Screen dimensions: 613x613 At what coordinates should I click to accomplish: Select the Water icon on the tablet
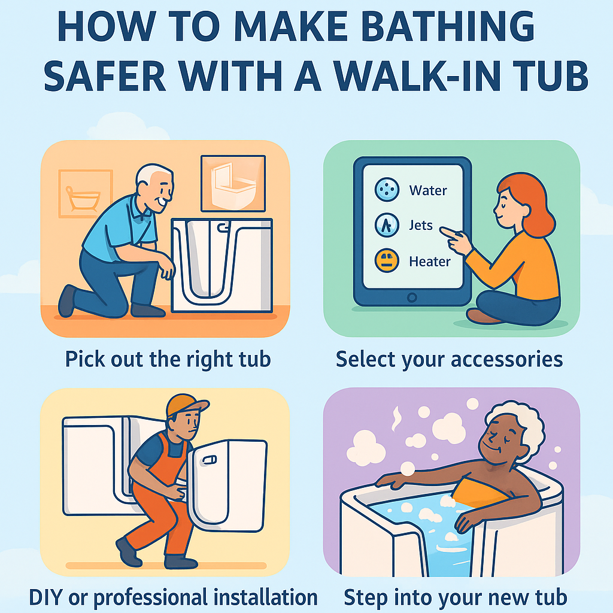click(x=386, y=190)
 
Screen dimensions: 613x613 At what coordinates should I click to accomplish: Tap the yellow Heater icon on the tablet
click(x=386, y=261)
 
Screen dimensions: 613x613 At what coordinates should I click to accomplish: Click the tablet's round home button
click(x=411, y=298)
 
